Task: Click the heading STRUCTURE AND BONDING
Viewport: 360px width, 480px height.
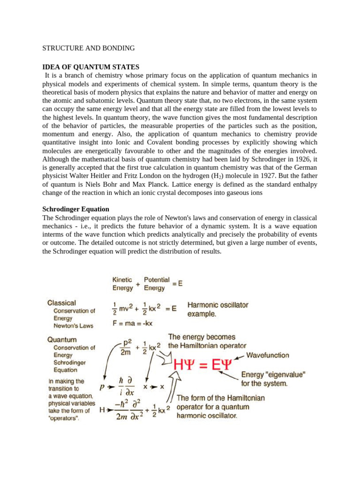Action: [x=89, y=48]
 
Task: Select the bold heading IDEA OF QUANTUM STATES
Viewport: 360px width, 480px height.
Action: [x=90, y=67]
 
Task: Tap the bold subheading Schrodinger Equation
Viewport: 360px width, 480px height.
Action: [x=75, y=209]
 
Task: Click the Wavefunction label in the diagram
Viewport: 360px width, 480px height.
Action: [x=268, y=355]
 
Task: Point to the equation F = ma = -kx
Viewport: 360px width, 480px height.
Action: [x=132, y=323]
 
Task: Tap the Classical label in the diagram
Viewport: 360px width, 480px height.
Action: [x=61, y=303]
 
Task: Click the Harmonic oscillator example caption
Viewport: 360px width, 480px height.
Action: [x=217, y=309]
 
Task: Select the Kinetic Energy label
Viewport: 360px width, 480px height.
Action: [x=122, y=284]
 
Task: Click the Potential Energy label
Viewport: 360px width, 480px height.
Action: [x=157, y=284]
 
